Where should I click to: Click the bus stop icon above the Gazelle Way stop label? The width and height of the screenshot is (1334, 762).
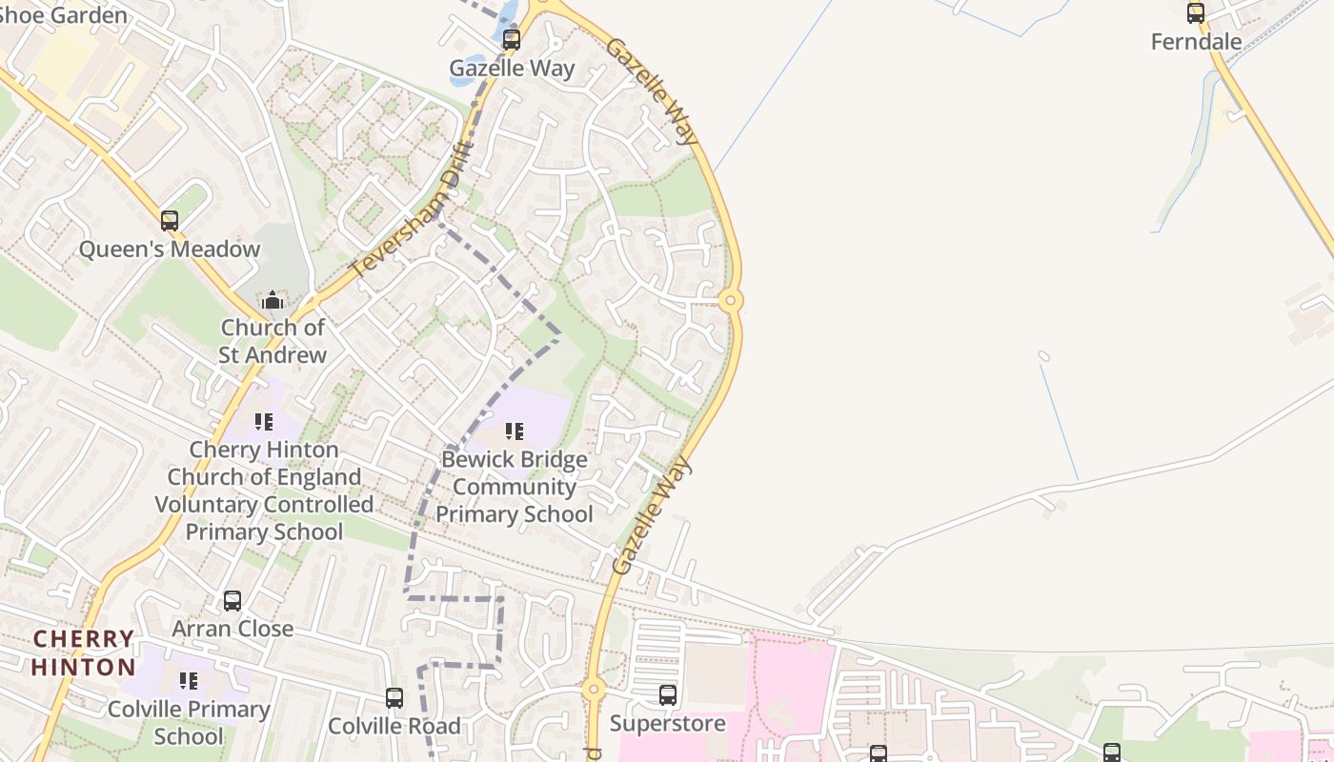(512, 40)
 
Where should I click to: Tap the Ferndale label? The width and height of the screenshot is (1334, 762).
(1196, 42)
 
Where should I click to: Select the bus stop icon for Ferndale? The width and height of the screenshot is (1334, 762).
(1195, 13)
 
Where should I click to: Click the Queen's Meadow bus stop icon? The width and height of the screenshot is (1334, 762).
(170, 221)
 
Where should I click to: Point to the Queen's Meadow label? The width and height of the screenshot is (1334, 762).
(170, 250)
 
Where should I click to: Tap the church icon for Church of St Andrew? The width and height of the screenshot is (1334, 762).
(273, 300)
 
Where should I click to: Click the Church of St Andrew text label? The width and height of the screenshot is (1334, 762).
(273, 341)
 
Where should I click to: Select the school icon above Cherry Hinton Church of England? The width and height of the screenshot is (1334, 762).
(264, 421)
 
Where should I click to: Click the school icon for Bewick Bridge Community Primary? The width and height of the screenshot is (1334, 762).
(515, 431)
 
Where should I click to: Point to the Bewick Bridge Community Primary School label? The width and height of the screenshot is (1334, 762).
(515, 487)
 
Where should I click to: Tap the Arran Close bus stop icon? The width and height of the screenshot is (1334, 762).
(232, 601)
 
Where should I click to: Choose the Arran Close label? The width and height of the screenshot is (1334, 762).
(232, 629)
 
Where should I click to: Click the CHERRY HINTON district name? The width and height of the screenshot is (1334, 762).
(84, 652)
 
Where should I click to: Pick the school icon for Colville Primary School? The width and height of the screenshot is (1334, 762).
(189, 681)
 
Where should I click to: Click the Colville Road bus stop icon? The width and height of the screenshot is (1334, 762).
(394, 698)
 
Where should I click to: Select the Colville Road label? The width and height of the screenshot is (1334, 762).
(394, 726)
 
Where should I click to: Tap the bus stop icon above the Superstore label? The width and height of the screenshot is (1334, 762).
(668, 695)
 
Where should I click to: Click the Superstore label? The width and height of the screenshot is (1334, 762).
(668, 723)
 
